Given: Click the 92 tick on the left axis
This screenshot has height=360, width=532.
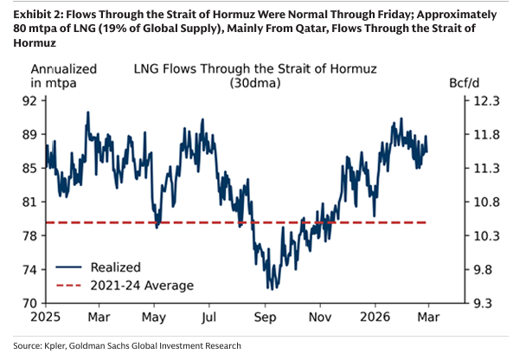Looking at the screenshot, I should pos(30,100).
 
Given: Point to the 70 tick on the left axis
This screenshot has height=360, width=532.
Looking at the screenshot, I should pos(30,304).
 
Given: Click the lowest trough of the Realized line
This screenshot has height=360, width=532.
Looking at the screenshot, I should pos(270,288).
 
